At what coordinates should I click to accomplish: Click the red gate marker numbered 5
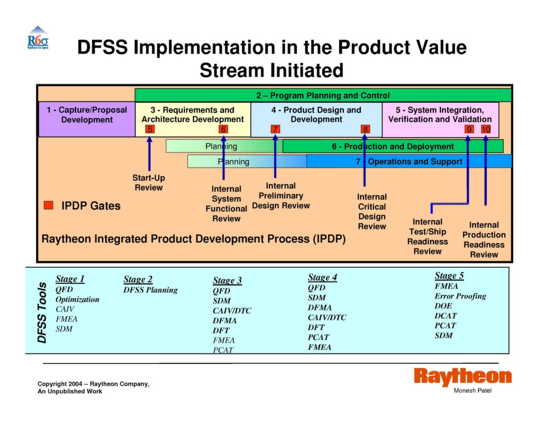click(150, 129)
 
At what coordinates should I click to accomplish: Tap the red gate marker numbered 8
click(365, 129)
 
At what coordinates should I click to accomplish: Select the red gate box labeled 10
click(486, 129)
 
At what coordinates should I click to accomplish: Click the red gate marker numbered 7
click(275, 129)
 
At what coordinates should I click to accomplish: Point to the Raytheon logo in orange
click(463, 376)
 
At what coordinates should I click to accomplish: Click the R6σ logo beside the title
click(38, 38)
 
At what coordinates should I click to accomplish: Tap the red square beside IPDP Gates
click(48, 205)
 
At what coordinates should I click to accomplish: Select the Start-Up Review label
click(149, 183)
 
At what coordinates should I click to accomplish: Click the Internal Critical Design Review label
click(372, 211)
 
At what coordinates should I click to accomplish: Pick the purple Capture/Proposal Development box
click(87, 119)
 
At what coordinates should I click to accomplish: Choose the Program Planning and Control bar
click(323, 95)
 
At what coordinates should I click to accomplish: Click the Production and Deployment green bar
click(393, 146)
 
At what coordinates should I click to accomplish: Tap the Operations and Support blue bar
click(409, 161)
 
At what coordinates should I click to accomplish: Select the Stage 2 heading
click(138, 279)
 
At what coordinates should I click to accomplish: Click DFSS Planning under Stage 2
click(150, 290)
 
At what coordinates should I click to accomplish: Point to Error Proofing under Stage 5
click(461, 296)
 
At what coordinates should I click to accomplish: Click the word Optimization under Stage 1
click(78, 299)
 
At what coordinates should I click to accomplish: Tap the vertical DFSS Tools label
click(42, 312)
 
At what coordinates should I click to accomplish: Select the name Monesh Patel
click(472, 391)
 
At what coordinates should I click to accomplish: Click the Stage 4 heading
click(322, 277)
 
